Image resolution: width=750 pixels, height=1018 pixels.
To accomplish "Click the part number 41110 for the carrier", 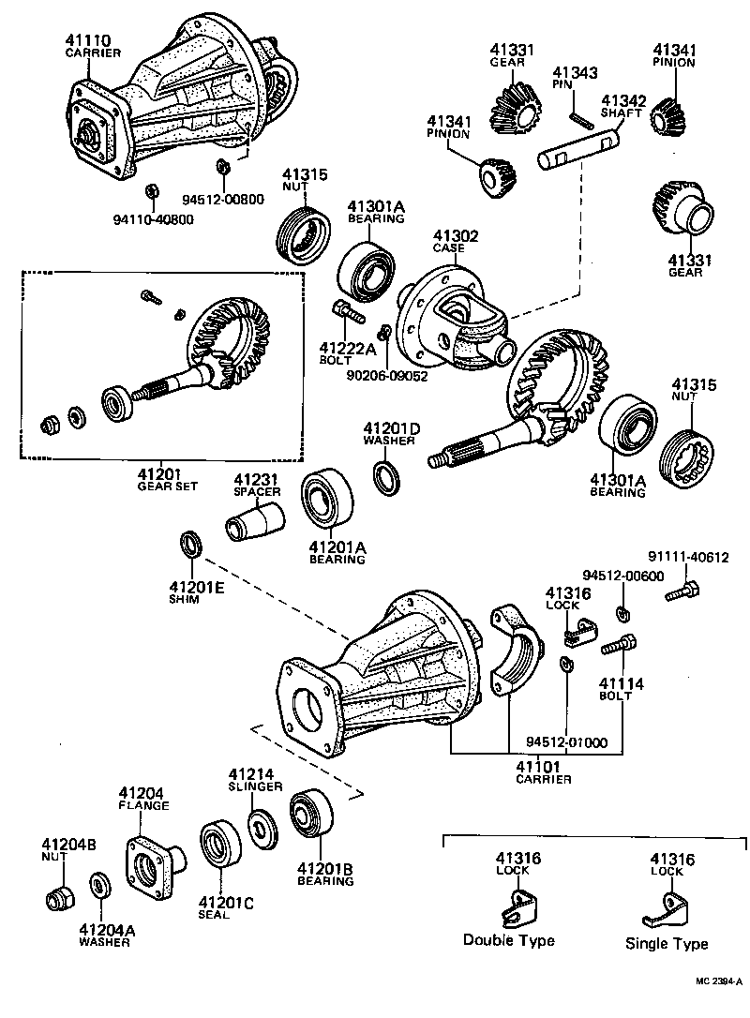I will coord(88,40).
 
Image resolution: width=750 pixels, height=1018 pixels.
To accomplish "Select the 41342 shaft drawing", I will coord(577,150).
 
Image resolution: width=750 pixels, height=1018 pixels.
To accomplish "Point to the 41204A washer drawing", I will coord(98,884).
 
